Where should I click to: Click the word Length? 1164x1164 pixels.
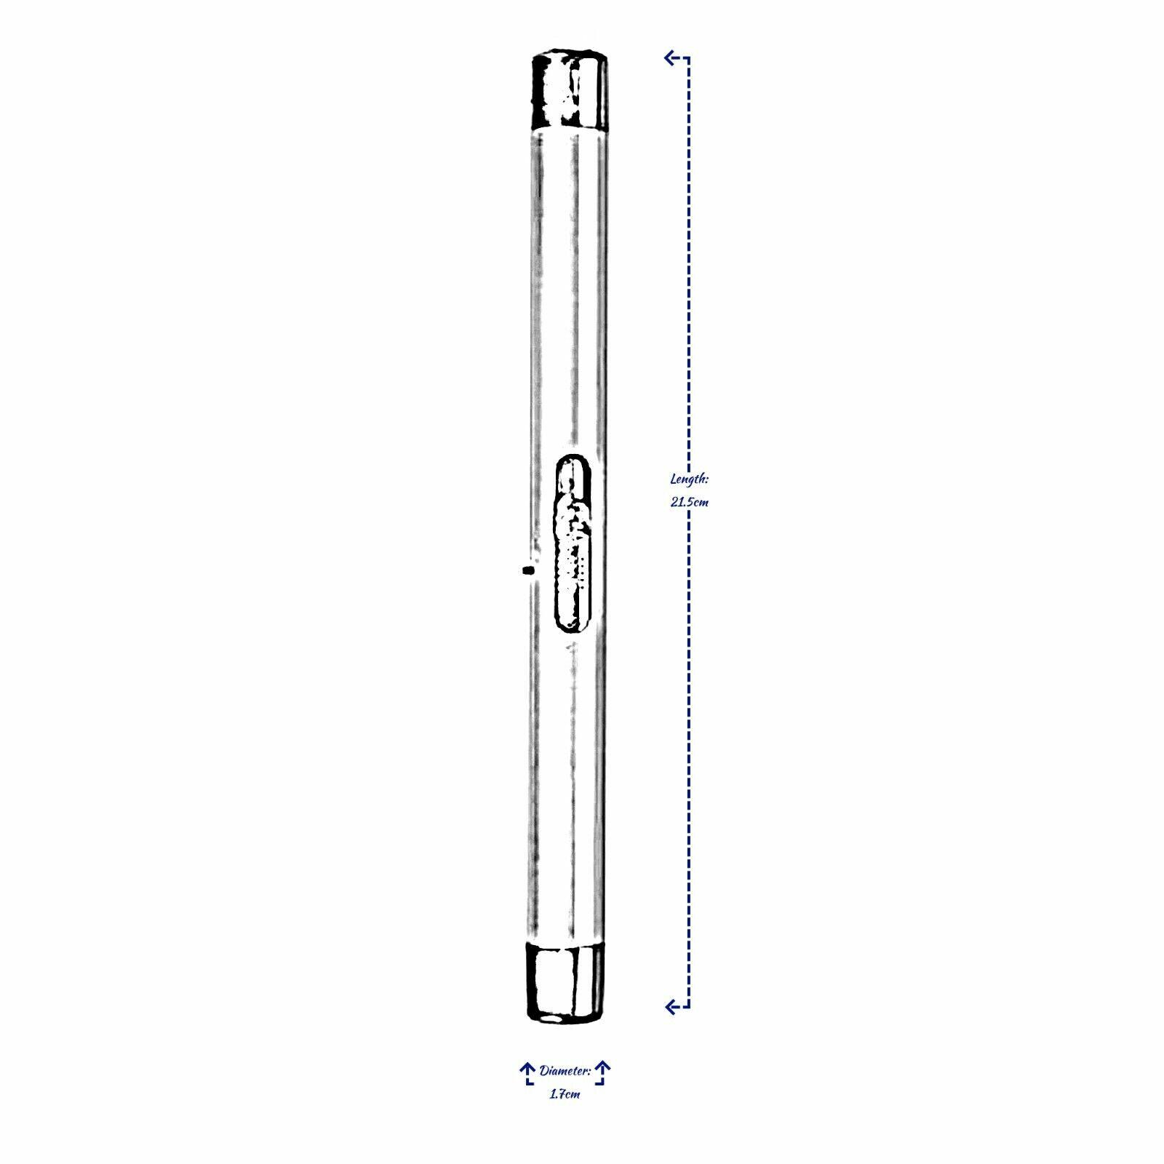point(689,479)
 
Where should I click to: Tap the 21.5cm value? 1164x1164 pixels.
point(689,502)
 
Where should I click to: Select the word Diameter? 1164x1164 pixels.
point(565,1071)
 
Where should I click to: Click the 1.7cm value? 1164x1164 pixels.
point(565,1094)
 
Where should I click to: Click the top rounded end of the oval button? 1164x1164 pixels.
point(574,463)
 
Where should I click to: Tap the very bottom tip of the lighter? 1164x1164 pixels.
point(566,1021)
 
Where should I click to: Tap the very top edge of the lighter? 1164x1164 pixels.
point(570,52)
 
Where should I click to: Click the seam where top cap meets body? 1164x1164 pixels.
point(570,129)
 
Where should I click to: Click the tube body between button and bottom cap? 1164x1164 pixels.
point(568,786)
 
